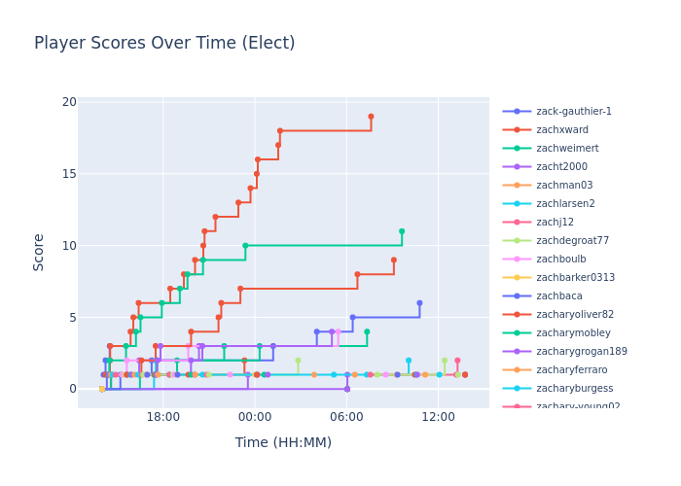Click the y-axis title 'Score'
pos(39,252)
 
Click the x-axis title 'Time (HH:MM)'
pos(283,442)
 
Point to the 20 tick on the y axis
pos(69,102)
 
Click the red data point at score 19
pos(371,117)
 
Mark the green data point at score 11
pos(402,231)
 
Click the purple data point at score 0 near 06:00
pos(347,389)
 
